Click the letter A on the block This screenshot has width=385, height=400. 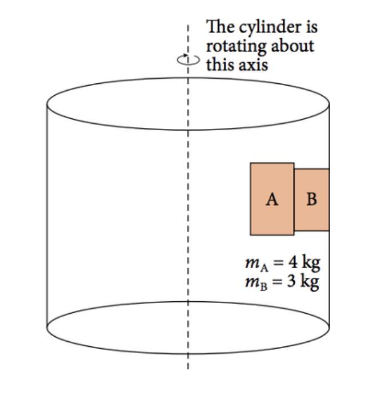tap(272, 200)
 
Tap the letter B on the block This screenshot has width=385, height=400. tap(311, 200)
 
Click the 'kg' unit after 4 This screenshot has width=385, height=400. tap(310, 264)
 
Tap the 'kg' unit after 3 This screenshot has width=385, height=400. tap(310, 282)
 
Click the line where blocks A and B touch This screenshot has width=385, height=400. tap(295, 200)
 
